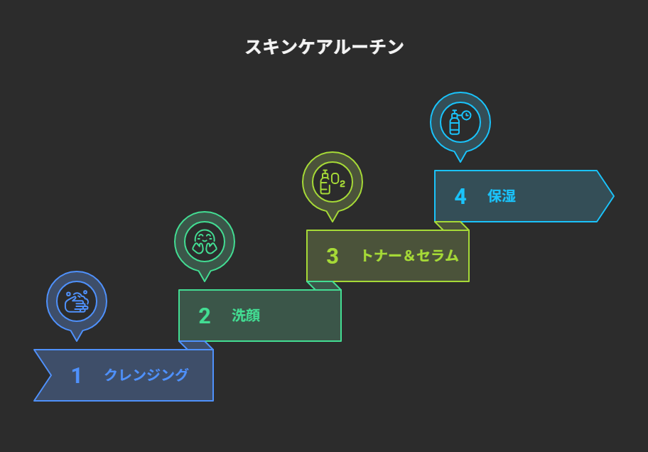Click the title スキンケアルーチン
click(325, 47)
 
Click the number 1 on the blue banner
click(76, 375)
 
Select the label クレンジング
click(146, 375)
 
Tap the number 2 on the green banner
click(205, 316)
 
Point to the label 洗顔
click(246, 316)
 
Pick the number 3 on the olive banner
click(333, 256)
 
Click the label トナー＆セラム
click(410, 256)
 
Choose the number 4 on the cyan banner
click(460, 196)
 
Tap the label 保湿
click(502, 196)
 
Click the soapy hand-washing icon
click(77, 302)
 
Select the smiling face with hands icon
click(205, 242)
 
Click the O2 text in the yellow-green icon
click(338, 181)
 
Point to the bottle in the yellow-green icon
click(325, 182)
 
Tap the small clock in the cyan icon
click(467, 115)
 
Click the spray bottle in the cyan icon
click(455, 122)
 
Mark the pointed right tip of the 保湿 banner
click(614, 196)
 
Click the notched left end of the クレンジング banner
click(50, 375)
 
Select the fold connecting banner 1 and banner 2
click(196, 345)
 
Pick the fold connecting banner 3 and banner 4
click(452, 226)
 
